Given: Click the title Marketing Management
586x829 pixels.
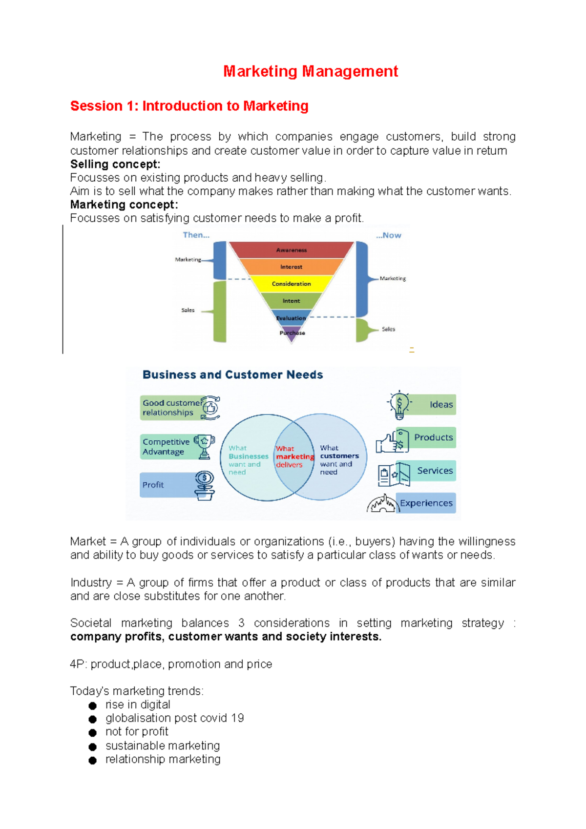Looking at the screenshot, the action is pyautogui.click(x=311, y=71).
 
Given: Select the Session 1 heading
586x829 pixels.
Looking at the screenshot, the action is pyautogui.click(x=189, y=106).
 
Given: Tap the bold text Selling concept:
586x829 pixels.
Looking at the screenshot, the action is pyautogui.click(x=115, y=164).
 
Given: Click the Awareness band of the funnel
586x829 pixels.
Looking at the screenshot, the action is pyautogui.click(x=292, y=250).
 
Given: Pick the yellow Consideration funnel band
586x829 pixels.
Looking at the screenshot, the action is pyautogui.click(x=292, y=284).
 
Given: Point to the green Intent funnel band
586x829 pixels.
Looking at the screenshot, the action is pyautogui.click(x=292, y=301).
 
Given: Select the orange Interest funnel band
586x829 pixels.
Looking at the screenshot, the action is pyautogui.click(x=292, y=267).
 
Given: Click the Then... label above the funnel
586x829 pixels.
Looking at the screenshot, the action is pyautogui.click(x=196, y=235).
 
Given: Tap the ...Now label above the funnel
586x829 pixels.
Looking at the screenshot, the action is pyautogui.click(x=388, y=235).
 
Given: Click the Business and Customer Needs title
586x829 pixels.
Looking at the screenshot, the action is pyautogui.click(x=232, y=374).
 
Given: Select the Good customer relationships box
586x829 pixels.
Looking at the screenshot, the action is pyautogui.click(x=171, y=408).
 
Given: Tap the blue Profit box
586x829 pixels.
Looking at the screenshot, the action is pyautogui.click(x=166, y=485).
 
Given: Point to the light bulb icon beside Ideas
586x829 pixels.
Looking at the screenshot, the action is pyautogui.click(x=399, y=405).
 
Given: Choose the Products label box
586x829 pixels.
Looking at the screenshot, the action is pyautogui.click(x=433, y=437).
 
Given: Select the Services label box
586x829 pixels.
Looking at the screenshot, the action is pyautogui.click(x=434, y=471).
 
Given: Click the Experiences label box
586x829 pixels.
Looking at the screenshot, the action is pyautogui.click(x=426, y=503).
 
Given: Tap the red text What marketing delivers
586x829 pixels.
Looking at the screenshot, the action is pyautogui.click(x=294, y=456).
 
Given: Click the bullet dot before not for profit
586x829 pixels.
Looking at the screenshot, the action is pyautogui.click(x=92, y=732).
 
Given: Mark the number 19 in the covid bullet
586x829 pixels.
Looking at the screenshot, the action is pyautogui.click(x=237, y=718).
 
